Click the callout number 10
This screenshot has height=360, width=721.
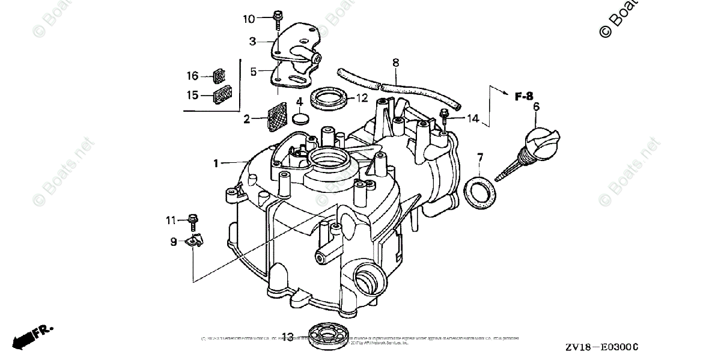click(x=249, y=19)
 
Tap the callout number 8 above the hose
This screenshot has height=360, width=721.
click(x=395, y=63)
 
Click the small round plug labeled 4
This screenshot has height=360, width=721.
click(x=300, y=118)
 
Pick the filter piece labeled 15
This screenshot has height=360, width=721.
click(x=223, y=95)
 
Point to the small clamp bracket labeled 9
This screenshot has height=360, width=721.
click(x=194, y=241)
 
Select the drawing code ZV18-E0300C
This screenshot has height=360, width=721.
click(x=601, y=348)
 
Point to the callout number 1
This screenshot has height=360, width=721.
click(x=216, y=163)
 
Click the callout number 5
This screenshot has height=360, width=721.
click(x=254, y=72)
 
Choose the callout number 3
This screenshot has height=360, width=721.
click(x=253, y=41)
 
